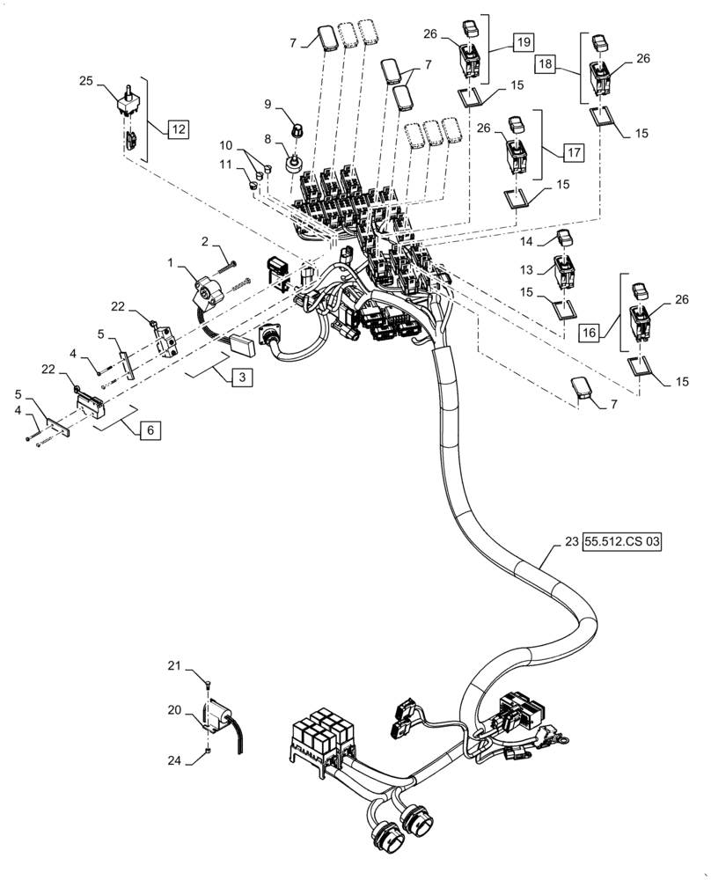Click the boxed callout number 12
click(x=178, y=129)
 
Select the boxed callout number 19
click(x=523, y=41)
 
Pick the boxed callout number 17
click(x=572, y=151)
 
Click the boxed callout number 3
click(x=240, y=378)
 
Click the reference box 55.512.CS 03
click(x=621, y=543)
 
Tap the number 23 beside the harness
click(x=570, y=543)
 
